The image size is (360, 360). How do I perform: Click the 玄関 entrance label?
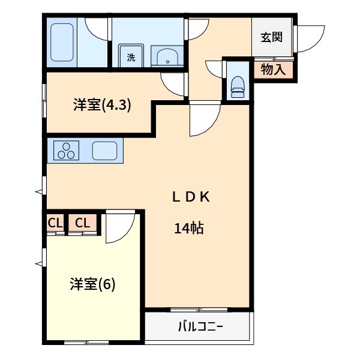tap(271, 37)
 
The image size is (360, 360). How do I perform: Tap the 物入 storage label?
tap(274, 70)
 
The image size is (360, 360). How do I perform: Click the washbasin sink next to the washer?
tap(166, 57)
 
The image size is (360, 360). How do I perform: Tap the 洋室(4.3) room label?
tap(102, 105)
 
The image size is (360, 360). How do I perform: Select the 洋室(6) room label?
tap(92, 283)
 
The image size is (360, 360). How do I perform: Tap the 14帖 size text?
tap(189, 228)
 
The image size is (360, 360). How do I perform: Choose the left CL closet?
tap(55, 223)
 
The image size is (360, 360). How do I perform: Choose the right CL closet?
tap(83, 223)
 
